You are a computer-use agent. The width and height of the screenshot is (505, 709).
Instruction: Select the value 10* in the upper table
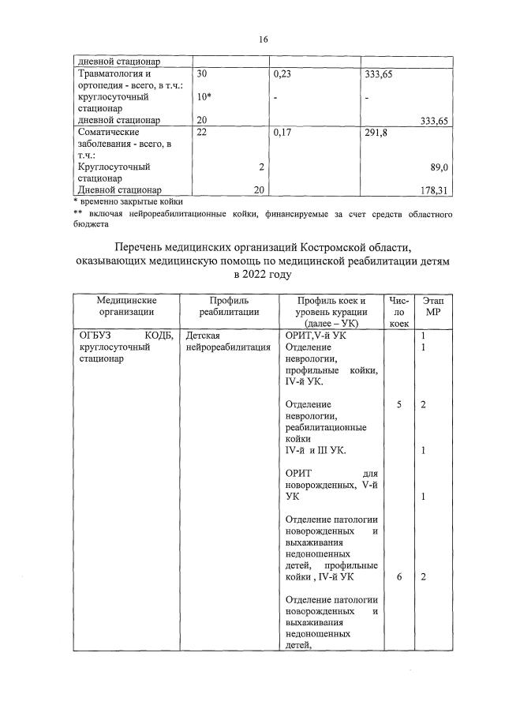(204, 96)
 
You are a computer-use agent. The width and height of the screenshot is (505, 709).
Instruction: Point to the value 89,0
(440, 167)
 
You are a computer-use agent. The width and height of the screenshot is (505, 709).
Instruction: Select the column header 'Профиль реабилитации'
(229, 306)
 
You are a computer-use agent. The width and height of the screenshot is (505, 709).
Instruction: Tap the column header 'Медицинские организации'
(126, 306)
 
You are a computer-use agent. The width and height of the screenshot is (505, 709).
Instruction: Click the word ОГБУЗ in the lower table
(92, 336)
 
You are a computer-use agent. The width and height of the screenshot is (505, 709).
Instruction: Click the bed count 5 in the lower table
(400, 405)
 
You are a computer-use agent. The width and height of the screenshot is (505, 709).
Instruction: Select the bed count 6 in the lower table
(400, 577)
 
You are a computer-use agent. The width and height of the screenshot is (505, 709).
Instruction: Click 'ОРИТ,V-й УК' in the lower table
(315, 336)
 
